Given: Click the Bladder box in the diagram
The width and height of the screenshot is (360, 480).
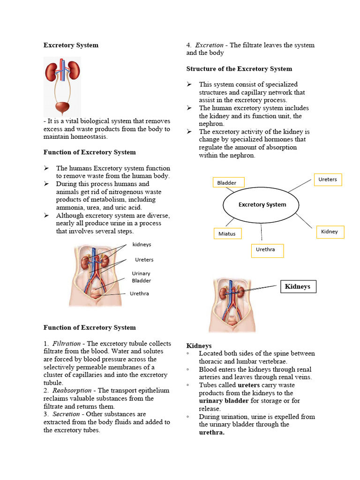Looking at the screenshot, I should point(228,182).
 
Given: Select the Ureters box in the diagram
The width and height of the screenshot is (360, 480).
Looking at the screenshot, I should point(328,180).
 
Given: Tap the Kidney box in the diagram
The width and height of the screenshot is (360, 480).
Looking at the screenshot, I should point(330,232).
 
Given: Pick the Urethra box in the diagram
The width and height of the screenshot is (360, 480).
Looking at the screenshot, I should point(267,250).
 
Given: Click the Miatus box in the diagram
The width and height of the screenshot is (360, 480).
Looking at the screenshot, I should point(227,233).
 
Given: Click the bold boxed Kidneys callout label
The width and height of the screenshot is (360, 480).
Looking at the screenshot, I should point(298,286).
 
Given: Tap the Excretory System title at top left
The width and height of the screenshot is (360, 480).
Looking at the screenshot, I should point(71,45).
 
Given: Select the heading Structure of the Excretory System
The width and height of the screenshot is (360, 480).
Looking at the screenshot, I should point(239,69).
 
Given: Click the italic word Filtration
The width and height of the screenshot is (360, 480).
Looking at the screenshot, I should point(67,344).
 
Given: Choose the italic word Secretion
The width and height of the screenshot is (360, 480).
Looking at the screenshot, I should point(66,414).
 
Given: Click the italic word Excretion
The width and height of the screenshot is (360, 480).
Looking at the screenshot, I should point(209,45).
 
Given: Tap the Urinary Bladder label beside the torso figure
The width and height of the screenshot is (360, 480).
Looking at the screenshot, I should point(141,277).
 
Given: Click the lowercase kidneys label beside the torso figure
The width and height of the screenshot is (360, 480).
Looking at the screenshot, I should point(142,245).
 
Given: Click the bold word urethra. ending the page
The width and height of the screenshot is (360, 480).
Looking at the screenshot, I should point(211,433).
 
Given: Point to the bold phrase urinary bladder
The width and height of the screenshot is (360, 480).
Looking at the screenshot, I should point(222,401).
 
